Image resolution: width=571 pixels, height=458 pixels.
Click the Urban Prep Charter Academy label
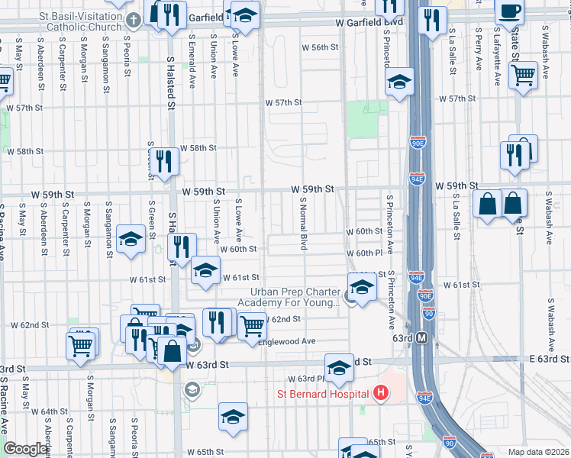(295, 298)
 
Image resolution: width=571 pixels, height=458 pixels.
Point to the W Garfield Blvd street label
(369, 23)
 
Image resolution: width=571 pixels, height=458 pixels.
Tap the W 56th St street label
(319, 47)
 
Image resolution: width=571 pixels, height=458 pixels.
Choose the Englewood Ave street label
(289, 341)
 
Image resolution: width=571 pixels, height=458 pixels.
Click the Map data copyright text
(538, 452)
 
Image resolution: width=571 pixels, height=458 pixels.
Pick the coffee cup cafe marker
(509, 11)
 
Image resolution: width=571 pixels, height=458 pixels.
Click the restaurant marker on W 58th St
(164, 160)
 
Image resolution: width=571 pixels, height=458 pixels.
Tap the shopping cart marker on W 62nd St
(251, 326)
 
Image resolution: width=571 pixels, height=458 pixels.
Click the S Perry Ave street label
(477, 48)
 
